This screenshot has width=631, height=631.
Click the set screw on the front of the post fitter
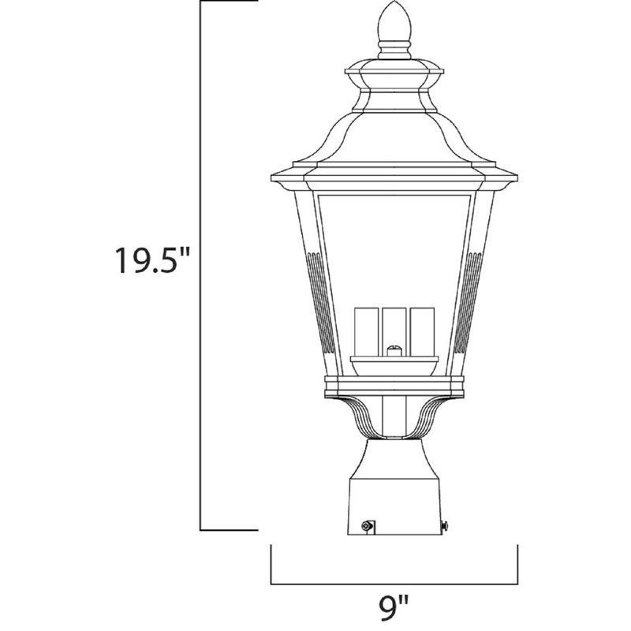366,525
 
